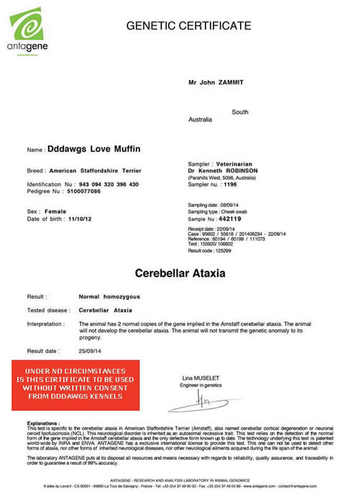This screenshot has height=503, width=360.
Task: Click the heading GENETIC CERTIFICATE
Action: pyautogui.click(x=188, y=27)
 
